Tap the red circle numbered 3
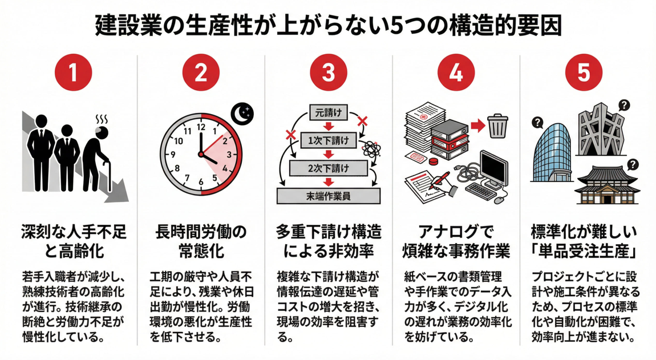point(328,74)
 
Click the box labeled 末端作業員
point(328,196)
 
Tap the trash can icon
point(497,125)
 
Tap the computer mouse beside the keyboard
point(498,200)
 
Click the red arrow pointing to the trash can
point(477,126)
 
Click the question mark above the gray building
point(624,106)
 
